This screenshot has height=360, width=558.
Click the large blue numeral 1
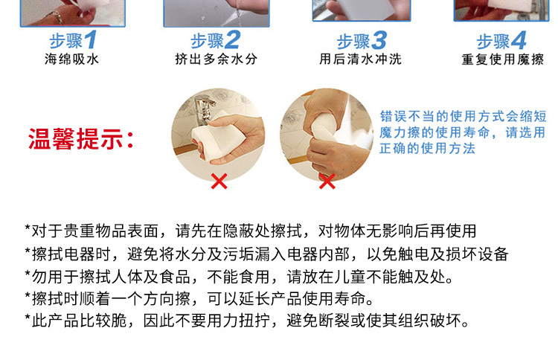(90, 40)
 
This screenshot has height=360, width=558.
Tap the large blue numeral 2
(233, 40)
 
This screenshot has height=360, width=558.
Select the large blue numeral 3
(379, 41)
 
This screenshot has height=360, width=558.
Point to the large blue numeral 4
(519, 41)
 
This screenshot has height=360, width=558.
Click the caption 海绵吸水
(71, 59)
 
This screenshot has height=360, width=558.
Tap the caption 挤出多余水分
(216, 59)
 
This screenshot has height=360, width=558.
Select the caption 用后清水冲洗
(360, 59)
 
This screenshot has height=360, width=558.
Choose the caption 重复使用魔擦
(502, 60)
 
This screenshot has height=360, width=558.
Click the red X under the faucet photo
(219, 181)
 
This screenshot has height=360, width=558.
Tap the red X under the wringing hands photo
(327, 181)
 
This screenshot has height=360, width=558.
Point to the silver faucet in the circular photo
(205, 109)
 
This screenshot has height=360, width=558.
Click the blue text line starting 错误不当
(463, 116)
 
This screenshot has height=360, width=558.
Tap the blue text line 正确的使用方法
(427, 148)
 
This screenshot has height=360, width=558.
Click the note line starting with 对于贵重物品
(251, 231)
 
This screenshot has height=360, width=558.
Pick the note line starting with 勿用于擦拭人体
(239, 277)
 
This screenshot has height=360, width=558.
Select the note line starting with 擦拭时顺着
(199, 299)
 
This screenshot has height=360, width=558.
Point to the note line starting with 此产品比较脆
(247, 321)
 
